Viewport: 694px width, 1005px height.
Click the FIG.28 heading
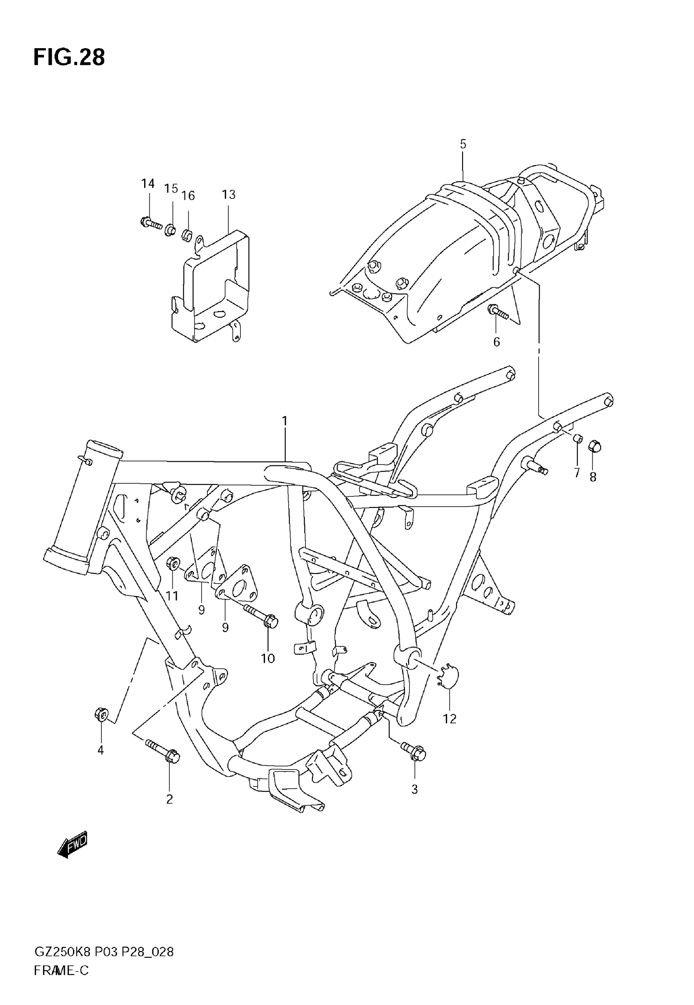coord(69,58)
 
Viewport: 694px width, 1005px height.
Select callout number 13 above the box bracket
coord(228,194)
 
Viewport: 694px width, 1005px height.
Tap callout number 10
coord(268,658)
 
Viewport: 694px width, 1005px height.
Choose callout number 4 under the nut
coord(100,750)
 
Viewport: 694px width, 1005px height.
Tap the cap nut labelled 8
coord(594,446)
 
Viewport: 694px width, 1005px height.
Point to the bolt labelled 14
coord(151,223)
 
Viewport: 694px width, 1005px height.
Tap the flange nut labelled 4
coord(101,714)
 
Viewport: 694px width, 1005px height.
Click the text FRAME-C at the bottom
coord(61,970)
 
